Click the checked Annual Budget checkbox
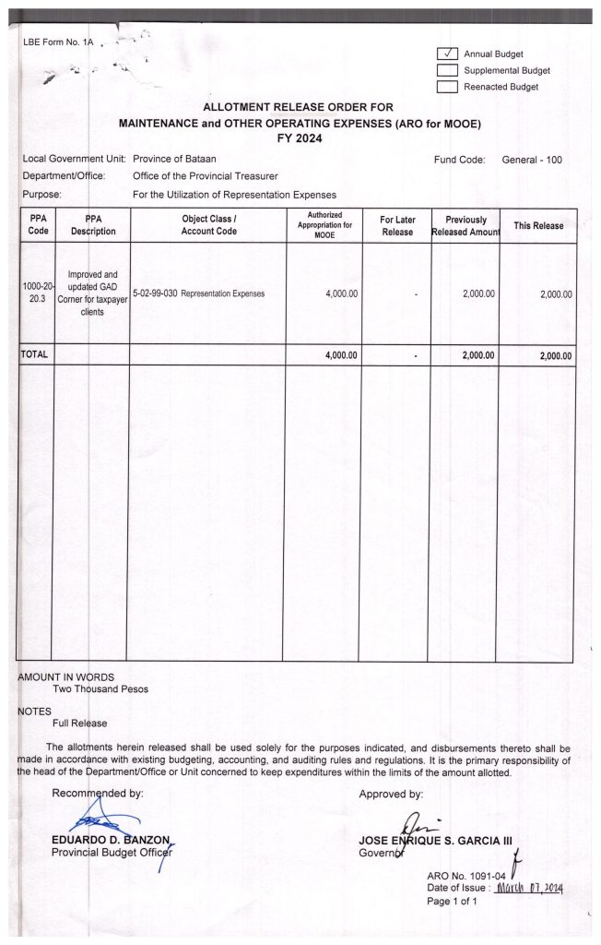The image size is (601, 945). (447, 54)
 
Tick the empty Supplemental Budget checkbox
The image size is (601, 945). (447, 70)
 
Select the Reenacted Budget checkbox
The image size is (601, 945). (447, 87)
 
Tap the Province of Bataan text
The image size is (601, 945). (174, 160)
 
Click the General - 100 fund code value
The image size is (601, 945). (532, 160)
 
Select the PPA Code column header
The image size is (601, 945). (37, 226)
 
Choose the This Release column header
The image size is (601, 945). (538, 226)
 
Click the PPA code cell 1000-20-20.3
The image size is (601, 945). (37, 293)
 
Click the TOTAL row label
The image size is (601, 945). (35, 355)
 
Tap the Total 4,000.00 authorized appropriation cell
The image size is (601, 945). (342, 355)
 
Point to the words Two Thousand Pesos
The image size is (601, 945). (100, 688)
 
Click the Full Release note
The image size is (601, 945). (80, 724)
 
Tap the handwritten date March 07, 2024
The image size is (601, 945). (529, 888)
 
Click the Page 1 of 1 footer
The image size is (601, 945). (453, 902)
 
